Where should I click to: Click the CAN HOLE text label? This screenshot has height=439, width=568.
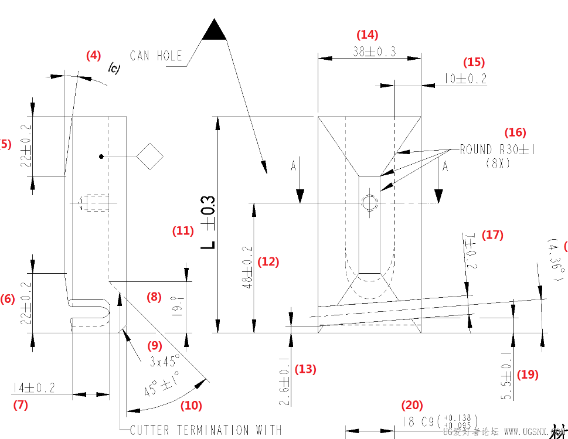click(156, 56)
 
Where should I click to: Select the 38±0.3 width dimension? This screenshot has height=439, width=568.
click(374, 52)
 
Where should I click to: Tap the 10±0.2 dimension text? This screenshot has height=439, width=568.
click(465, 79)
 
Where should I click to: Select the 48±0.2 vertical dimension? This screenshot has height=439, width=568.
click(248, 267)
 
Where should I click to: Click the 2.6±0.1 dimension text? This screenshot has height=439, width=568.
click(284, 382)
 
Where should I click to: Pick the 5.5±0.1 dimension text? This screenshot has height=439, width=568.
click(507, 376)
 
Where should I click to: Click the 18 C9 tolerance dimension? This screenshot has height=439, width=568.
click(440, 421)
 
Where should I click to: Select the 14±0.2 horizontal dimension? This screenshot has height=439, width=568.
click(34, 387)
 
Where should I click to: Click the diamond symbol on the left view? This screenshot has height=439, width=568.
click(149, 156)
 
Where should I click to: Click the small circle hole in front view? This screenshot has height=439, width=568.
click(369, 203)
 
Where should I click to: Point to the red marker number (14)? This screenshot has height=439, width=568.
click(368, 35)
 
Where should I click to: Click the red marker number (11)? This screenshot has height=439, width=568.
click(182, 231)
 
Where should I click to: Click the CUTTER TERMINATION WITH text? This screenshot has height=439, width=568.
click(205, 431)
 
